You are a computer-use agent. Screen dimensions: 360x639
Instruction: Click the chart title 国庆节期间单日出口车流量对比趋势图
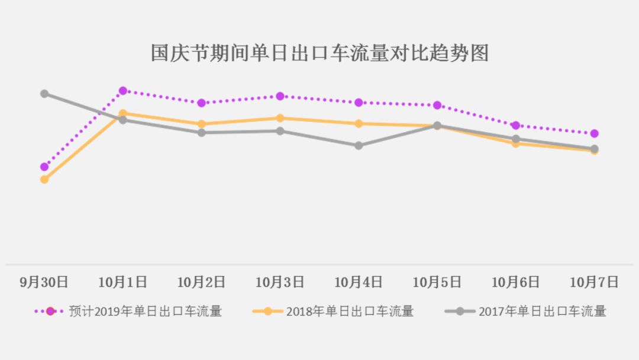pos(319,53)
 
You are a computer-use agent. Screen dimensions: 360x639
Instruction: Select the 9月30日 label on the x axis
pos(44,282)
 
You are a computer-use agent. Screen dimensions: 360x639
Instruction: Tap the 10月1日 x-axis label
pos(122,282)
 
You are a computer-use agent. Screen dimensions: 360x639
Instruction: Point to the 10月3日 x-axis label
pos(280,282)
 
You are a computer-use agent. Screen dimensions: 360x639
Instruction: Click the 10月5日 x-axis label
pos(437,282)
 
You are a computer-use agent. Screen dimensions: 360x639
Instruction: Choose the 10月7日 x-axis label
pos(594,282)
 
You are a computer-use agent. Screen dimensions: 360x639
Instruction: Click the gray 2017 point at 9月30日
pos(44,94)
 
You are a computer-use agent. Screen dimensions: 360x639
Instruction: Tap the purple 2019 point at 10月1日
pos(123,91)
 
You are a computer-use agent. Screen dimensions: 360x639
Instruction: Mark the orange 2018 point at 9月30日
pos(44,179)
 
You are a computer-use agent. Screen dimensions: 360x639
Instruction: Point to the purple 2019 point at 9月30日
pos(44,167)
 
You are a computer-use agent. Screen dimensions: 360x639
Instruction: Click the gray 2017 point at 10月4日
pos(359,146)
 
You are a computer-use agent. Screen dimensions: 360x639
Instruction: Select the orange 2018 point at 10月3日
pos(280,118)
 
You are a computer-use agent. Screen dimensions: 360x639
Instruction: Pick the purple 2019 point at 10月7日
pos(594,134)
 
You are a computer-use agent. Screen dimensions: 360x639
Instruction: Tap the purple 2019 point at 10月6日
pos(515,126)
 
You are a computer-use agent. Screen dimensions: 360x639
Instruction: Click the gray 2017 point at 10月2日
pos(201,133)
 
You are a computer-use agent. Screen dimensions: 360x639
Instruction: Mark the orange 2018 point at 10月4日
pos(359,124)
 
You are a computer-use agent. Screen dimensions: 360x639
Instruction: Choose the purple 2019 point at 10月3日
pos(280,96)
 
